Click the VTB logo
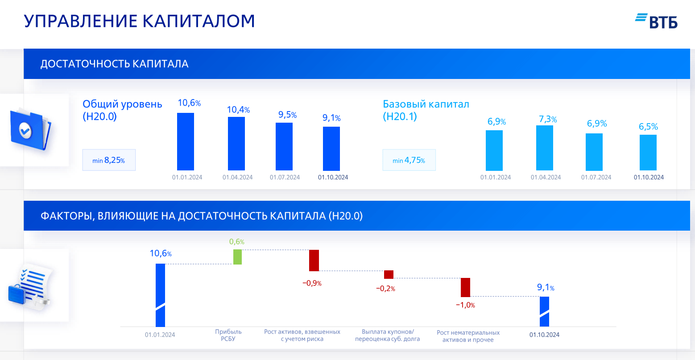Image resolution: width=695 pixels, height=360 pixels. tap(656, 21)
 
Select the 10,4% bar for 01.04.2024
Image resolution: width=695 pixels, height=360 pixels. tap(236, 144)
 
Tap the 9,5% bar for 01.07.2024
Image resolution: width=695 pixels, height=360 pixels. tap(284, 146)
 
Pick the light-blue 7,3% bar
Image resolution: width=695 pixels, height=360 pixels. tap(545, 148)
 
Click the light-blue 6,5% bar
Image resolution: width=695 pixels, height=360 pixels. tap(648, 153)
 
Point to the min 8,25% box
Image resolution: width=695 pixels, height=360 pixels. tap(109, 160)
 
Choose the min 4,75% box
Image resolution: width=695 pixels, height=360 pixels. tap(409, 160)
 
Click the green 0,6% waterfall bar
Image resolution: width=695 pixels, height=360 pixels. tap(237, 257)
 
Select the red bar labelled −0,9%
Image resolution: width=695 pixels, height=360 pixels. tap(314, 261)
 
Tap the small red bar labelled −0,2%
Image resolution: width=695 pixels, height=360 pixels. tap(389, 275)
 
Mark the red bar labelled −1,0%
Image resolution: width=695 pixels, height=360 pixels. tap(465, 287)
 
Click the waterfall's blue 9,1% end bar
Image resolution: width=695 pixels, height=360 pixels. tap(544, 311)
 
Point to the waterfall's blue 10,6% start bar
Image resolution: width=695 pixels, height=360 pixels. tap(160, 295)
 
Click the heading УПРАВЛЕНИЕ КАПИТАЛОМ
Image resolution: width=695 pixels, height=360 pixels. tap(139, 21)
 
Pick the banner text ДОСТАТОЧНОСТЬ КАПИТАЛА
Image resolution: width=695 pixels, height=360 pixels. tap(114, 64)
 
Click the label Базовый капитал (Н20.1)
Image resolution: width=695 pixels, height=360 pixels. tap(426, 110)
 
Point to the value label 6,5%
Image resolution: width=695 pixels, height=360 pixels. tap(648, 127)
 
